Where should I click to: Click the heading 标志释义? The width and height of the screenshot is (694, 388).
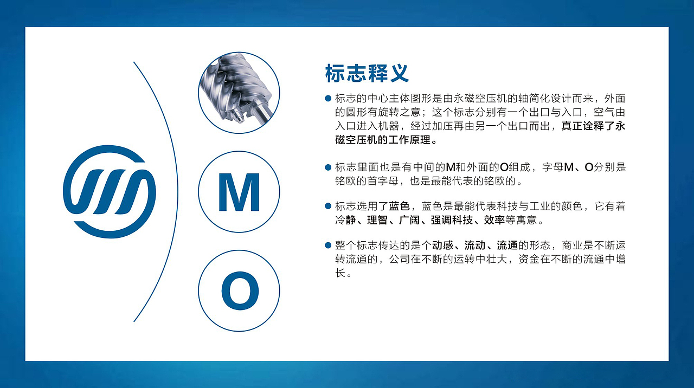pyautogui.click(x=367, y=74)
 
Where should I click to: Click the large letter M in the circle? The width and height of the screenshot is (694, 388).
pyautogui.click(x=239, y=192)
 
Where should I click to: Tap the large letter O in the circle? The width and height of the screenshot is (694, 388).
pyautogui.click(x=239, y=291)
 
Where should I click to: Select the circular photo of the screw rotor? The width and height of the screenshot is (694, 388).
pyautogui.click(x=239, y=93)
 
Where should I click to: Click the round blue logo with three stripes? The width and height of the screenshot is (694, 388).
pyautogui.click(x=109, y=192)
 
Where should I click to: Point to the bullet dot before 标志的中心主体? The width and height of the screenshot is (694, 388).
pyautogui.click(x=327, y=98)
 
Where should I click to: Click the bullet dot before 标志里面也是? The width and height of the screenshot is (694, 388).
pyautogui.click(x=327, y=167)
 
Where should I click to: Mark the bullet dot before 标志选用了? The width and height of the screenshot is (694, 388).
pyautogui.click(x=327, y=206)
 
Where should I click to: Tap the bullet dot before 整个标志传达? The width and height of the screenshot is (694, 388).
pyautogui.click(x=327, y=245)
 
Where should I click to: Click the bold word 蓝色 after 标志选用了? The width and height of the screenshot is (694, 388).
pyautogui.click(x=399, y=206)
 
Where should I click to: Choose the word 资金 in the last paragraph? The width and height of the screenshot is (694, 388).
pyautogui.click(x=529, y=260)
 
